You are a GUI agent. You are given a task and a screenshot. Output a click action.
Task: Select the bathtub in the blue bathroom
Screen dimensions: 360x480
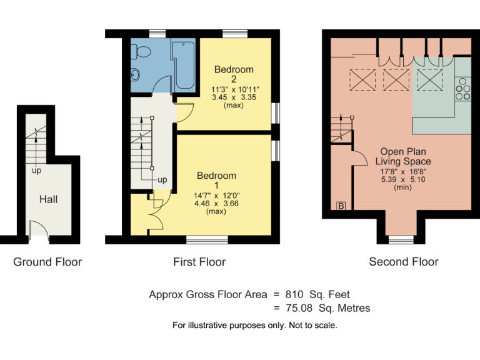click(x=185, y=64)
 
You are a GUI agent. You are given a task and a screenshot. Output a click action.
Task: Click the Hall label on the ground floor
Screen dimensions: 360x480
click(x=48, y=199)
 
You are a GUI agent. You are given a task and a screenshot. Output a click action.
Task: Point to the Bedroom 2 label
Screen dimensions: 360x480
click(x=233, y=74)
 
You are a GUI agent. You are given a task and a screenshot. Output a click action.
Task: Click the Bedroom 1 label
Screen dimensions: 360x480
click(x=216, y=181)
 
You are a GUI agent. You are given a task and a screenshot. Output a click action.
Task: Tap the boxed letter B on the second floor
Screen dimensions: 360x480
click(x=341, y=206)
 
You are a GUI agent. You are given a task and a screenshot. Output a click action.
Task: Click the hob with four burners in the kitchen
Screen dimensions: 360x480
click(x=463, y=89)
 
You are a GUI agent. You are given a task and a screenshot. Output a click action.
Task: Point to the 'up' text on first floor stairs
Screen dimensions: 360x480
click(x=162, y=180)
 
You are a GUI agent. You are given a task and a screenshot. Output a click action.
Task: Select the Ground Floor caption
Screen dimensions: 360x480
click(x=47, y=262)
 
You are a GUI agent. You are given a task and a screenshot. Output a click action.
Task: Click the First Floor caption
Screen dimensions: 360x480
click(x=199, y=262)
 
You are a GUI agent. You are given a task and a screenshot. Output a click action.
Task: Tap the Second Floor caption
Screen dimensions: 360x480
click(x=404, y=262)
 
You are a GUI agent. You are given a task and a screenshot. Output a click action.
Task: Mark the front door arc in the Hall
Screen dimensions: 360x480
click(x=39, y=229)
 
